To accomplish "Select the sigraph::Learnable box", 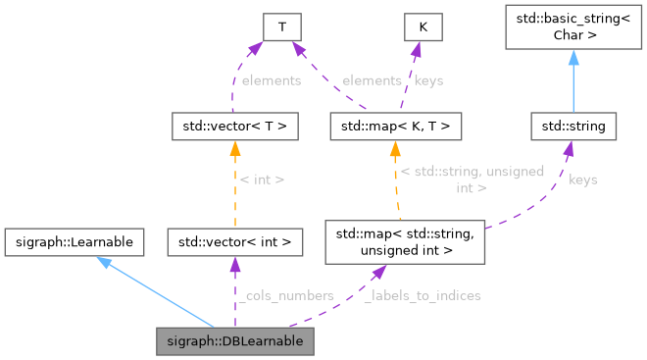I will point(75,239).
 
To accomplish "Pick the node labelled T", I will point(281,27).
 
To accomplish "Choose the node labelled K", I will point(423,27).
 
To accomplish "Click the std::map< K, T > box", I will point(395,126).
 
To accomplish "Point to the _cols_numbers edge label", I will point(289,294).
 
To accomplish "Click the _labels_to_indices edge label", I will point(422,294).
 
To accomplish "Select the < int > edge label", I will point(263,180).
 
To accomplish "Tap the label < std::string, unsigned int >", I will point(472,180).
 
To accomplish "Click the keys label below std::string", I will point(582,180).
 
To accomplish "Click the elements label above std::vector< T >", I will point(270,80).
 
